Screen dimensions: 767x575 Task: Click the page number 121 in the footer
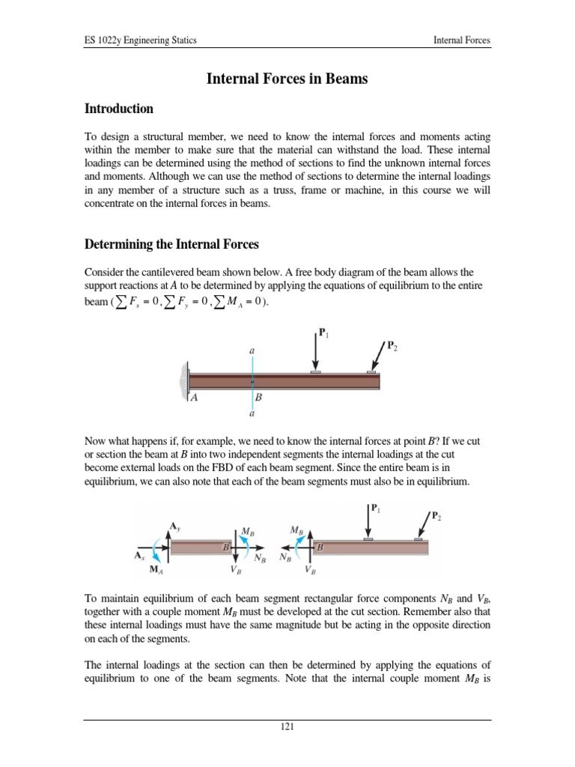click(x=287, y=727)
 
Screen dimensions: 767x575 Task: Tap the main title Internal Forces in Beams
click(x=287, y=79)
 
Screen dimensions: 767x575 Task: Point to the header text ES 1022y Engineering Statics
click(x=140, y=40)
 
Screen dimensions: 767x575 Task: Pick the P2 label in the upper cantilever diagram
click(x=392, y=345)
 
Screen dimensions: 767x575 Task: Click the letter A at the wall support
click(x=195, y=398)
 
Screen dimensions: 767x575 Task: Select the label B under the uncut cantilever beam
click(x=259, y=398)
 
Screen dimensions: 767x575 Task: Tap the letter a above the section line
click(x=252, y=349)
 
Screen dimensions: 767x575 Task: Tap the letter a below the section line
click(x=252, y=413)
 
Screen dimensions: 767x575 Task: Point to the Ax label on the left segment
click(x=140, y=557)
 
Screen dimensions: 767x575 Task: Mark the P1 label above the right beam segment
click(x=375, y=507)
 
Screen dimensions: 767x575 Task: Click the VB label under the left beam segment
click(x=235, y=570)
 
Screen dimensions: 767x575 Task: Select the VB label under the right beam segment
click(x=310, y=570)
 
